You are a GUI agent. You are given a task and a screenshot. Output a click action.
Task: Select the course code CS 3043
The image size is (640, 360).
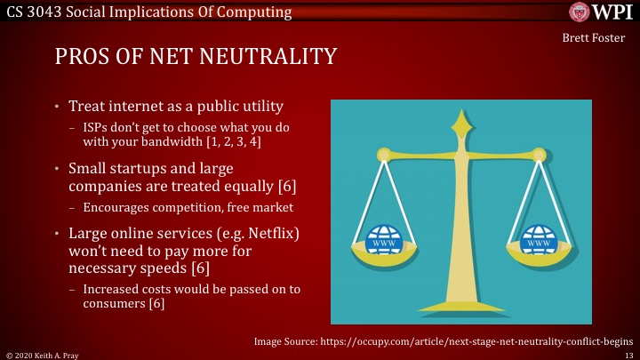coord(33,12)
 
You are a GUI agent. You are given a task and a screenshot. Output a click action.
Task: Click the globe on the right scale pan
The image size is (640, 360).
coord(538,238)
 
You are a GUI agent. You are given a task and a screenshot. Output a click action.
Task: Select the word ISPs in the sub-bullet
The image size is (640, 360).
coord(97,127)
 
